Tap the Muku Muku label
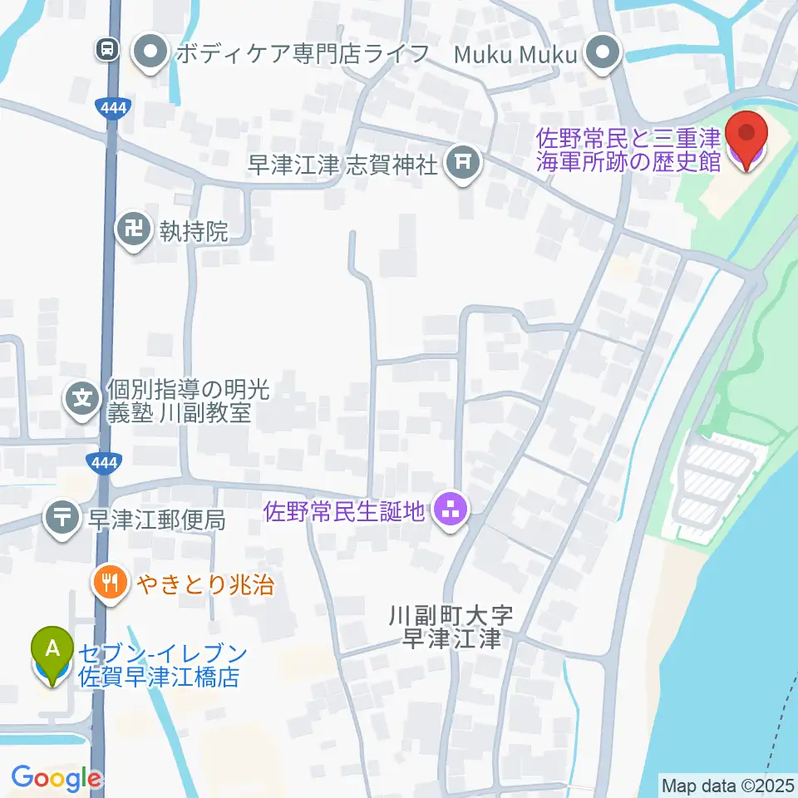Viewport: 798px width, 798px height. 515,55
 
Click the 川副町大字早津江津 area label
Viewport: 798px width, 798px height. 451,628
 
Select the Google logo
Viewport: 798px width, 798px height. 56,779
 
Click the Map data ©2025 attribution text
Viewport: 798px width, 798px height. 727,784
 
